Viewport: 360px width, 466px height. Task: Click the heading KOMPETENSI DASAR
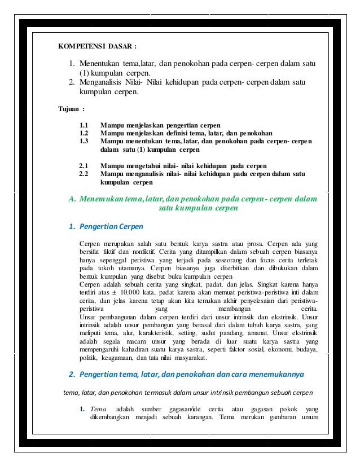pos(97,46)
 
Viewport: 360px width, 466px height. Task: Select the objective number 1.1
pos(85,125)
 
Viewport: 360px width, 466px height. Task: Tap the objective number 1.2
pos(85,133)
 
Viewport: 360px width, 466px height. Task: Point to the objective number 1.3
pos(85,142)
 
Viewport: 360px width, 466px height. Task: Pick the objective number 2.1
pos(85,166)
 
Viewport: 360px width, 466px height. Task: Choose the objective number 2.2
pos(85,174)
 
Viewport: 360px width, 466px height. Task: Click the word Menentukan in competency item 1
pos(100,63)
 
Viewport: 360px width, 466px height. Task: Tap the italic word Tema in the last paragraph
pos(98,408)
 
